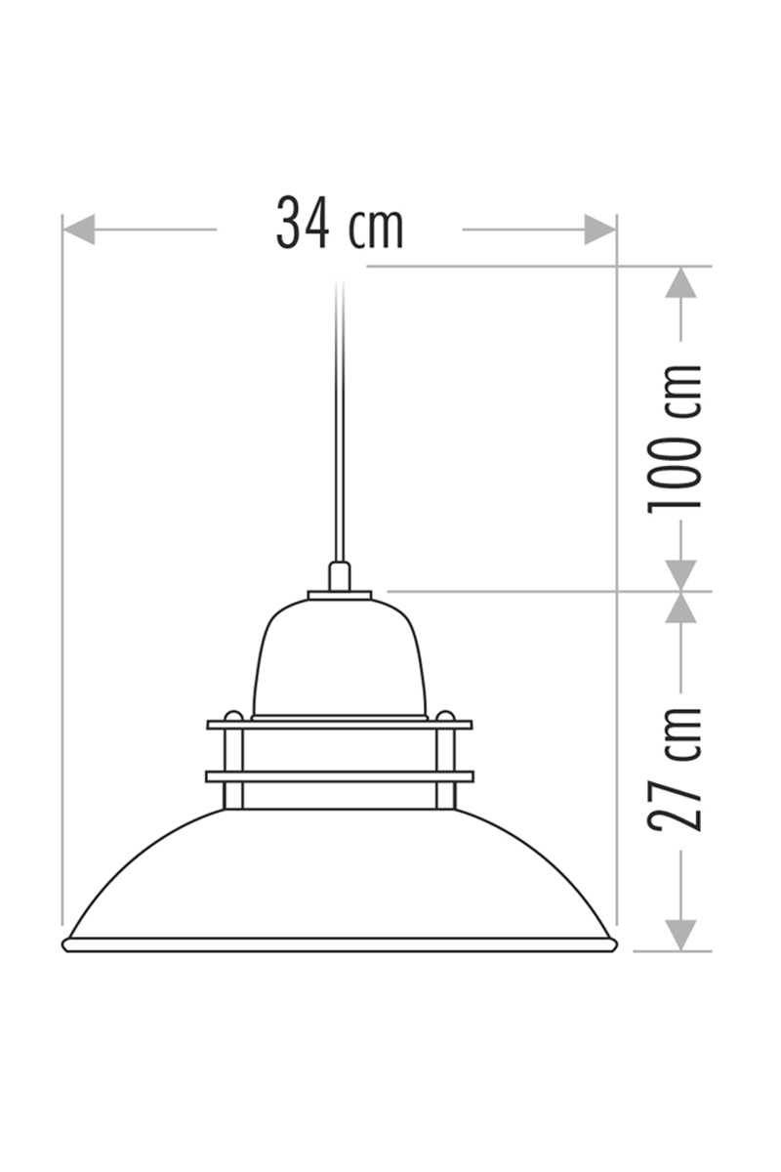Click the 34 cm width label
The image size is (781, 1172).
pyautogui.click(x=339, y=224)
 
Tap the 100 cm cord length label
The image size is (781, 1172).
pyautogui.click(x=676, y=437)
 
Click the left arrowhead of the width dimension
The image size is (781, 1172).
pyautogui.click(x=78, y=230)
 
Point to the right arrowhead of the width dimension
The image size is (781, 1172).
pyautogui.click(x=600, y=230)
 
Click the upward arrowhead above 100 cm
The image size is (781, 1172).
pyautogui.click(x=681, y=283)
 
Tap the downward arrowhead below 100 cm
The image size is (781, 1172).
pyautogui.click(x=681, y=575)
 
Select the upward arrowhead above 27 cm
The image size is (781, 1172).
pyautogui.click(x=681, y=607)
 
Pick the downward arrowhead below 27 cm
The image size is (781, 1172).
pyautogui.click(x=681, y=934)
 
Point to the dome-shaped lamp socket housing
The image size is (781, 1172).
pyautogui.click(x=340, y=659)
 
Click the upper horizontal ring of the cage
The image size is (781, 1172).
pyautogui.click(x=340, y=725)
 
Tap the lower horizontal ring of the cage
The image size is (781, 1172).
pyautogui.click(x=340, y=775)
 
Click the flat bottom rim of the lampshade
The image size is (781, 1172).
pyautogui.click(x=340, y=944)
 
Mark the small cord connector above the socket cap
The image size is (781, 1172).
pyautogui.click(x=340, y=575)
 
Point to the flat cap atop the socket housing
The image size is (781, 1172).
pyautogui.click(x=340, y=594)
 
